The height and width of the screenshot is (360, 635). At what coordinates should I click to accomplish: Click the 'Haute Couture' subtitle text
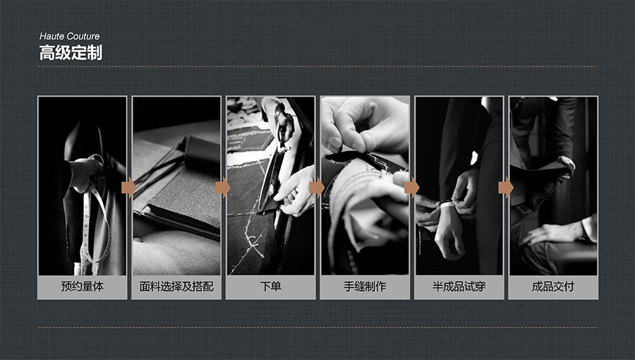pyautogui.click(x=69, y=36)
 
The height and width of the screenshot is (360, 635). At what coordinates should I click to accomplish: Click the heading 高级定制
pyautogui.click(x=71, y=53)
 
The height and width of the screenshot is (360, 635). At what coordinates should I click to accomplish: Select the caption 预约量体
pyautogui.click(x=83, y=287)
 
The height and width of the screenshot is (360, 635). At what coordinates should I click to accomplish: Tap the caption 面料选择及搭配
pyautogui.click(x=176, y=287)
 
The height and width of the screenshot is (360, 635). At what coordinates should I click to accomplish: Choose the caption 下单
pyautogui.click(x=270, y=287)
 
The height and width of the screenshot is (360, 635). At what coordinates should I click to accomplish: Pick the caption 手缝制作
pyautogui.click(x=365, y=287)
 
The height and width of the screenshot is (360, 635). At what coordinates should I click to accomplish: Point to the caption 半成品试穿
pyautogui.click(x=459, y=287)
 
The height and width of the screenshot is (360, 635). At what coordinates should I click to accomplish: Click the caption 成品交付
pyautogui.click(x=552, y=287)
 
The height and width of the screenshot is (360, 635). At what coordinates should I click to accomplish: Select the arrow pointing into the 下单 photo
pyautogui.click(x=223, y=188)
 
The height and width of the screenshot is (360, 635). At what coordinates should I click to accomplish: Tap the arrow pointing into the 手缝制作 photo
pyautogui.click(x=317, y=188)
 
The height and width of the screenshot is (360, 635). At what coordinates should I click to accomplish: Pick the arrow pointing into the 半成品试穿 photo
pyautogui.click(x=411, y=188)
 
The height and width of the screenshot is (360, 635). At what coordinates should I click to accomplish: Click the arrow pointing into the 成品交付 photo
pyautogui.click(x=506, y=188)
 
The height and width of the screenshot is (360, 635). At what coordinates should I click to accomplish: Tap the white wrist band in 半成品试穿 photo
pyautogui.click(x=447, y=205)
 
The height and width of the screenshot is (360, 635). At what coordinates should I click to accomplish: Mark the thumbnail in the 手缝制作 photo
pyautogui.click(x=335, y=142)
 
